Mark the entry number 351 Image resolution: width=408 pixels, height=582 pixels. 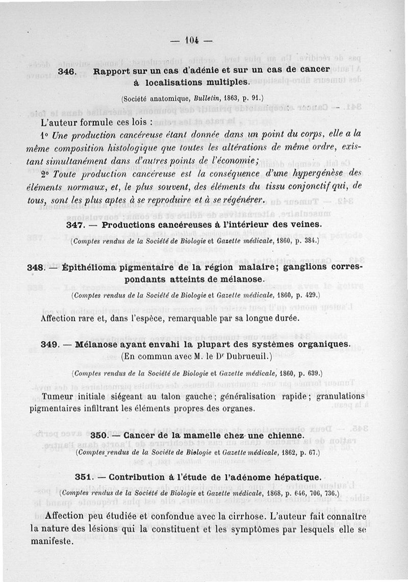[x=83, y=477]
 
